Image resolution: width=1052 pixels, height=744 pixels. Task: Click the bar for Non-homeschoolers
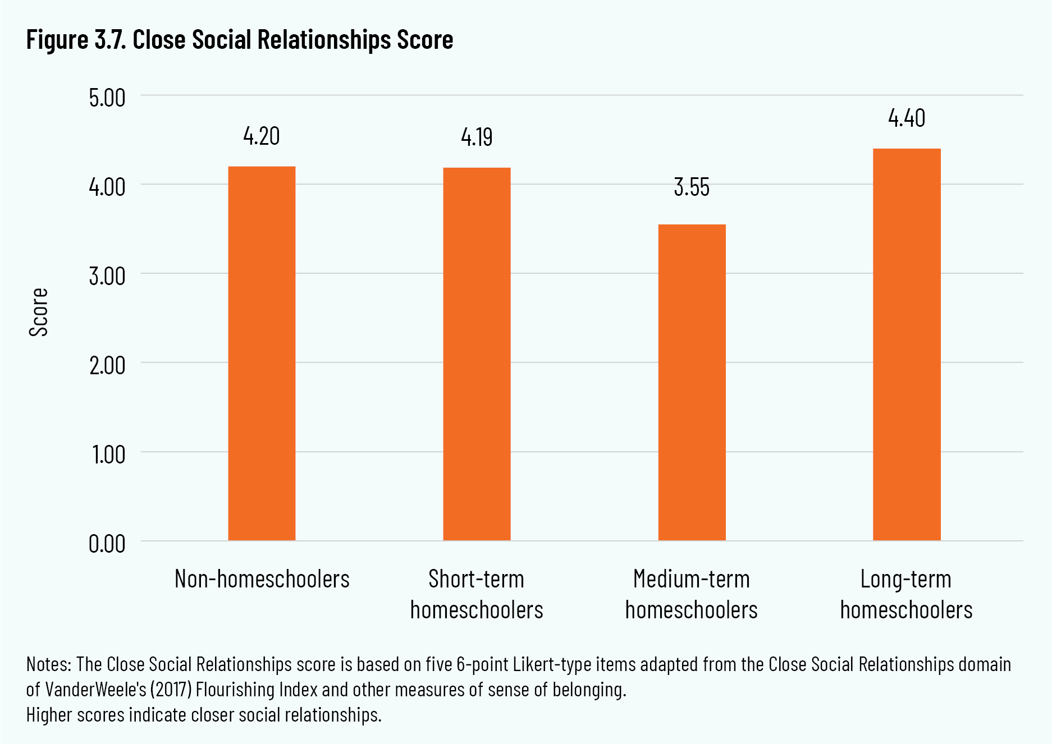coord(262,353)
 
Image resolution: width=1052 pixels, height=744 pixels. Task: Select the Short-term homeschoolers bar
coord(477,354)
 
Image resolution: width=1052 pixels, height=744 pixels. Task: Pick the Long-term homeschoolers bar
coord(907,345)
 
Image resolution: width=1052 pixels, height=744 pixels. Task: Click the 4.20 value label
coord(262,136)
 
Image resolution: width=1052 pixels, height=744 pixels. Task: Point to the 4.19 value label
coord(477,137)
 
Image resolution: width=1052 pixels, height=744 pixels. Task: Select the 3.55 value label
coord(692,187)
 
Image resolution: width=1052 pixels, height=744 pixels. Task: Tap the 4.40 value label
coord(907,118)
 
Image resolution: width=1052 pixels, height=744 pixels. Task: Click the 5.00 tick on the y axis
coord(107,98)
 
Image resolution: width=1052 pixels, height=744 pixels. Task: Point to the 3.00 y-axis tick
coord(107,276)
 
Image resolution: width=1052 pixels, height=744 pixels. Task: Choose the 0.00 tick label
coord(107,544)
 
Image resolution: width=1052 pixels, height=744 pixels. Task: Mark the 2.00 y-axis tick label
coord(107,365)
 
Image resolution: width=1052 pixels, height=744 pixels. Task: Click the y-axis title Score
coord(39,313)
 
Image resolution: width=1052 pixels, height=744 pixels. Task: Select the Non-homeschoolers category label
coord(262,579)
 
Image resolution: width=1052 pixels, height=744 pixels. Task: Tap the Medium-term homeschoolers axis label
coord(692,594)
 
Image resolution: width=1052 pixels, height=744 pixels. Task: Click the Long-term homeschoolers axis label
coord(907,594)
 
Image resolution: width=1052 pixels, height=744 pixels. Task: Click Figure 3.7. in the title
coord(76,40)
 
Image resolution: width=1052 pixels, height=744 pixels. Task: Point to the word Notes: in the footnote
coord(49,664)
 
